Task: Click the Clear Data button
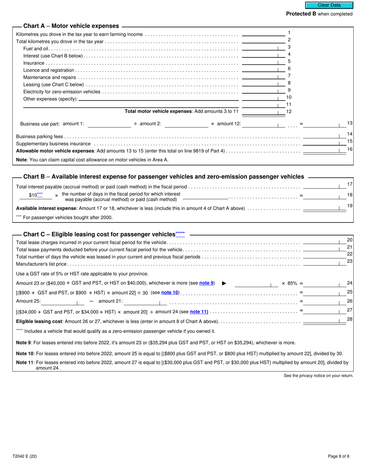(329, 5)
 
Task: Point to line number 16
(350, 149)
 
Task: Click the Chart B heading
(163, 176)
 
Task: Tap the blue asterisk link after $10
(40, 195)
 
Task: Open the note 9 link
(207, 283)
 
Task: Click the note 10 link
(170, 292)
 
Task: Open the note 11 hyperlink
(199, 311)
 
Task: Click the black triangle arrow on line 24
(224, 284)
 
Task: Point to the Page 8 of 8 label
(339, 456)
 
